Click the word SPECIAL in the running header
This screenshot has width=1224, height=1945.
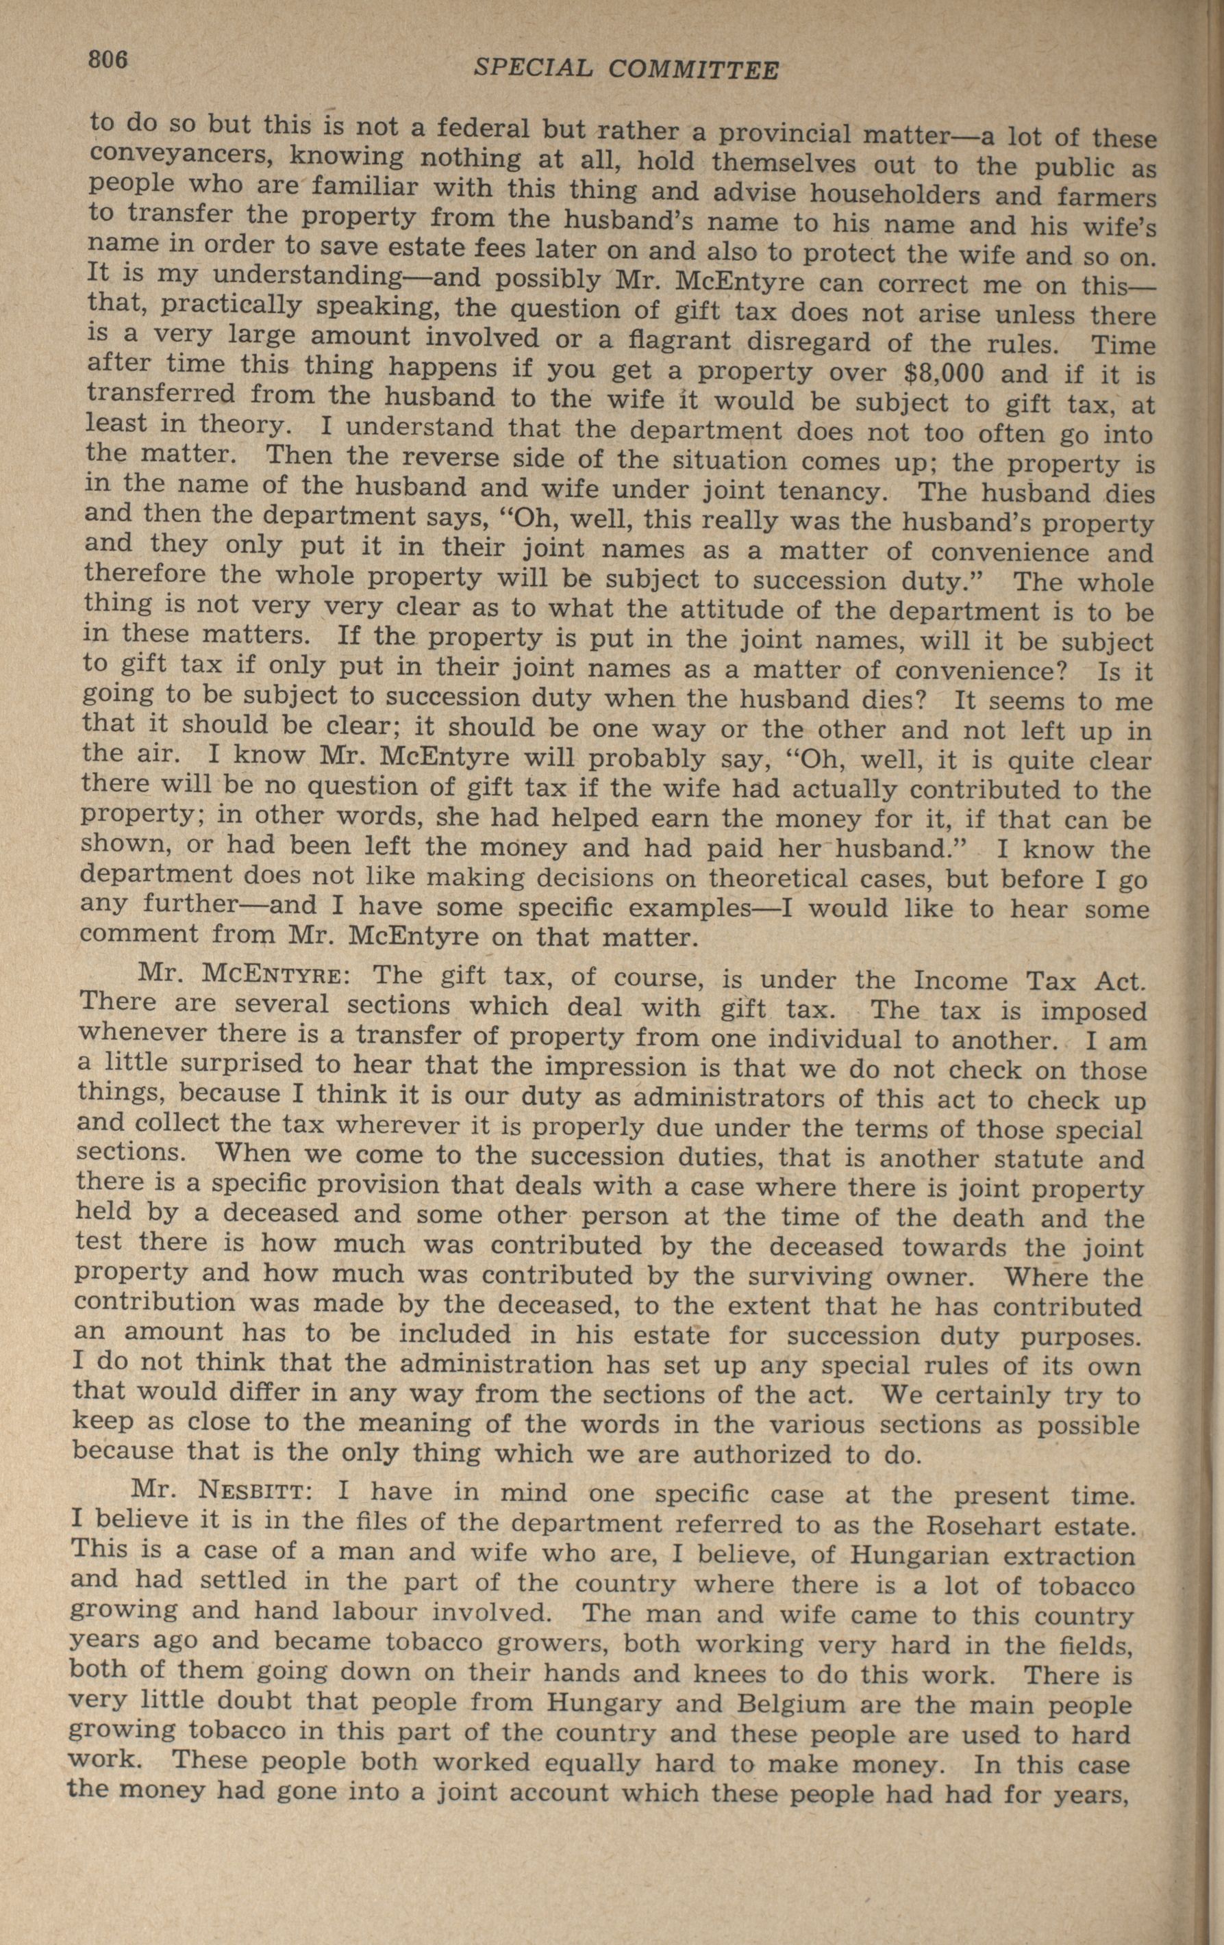533,68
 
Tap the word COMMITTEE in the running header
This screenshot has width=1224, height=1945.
693,71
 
